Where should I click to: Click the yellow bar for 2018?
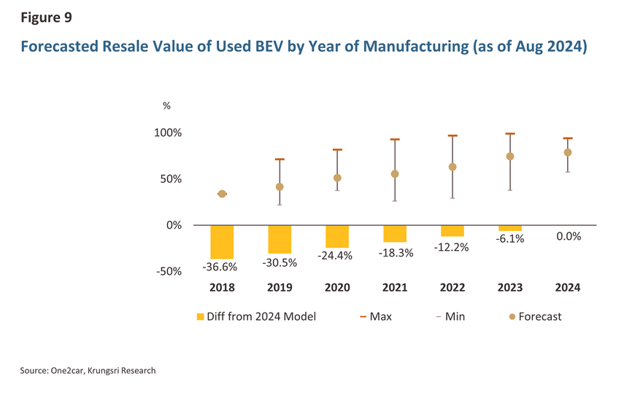tap(222, 242)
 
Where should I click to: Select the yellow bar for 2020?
tap(337, 236)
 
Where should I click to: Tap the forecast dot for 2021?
tap(395, 174)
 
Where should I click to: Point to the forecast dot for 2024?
tap(568, 152)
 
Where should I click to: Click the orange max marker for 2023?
tap(510, 134)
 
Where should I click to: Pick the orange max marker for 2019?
tap(280, 160)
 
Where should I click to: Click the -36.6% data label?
tap(222, 267)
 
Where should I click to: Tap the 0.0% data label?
tap(568, 236)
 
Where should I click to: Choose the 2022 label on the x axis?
tap(453, 288)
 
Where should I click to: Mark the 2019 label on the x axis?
tap(280, 288)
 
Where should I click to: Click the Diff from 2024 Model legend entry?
tap(256, 316)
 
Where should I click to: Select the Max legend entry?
tap(375, 316)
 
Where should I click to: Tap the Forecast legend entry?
tap(536, 316)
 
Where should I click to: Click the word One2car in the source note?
tap(70, 371)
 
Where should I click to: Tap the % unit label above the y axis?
tap(166, 106)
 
